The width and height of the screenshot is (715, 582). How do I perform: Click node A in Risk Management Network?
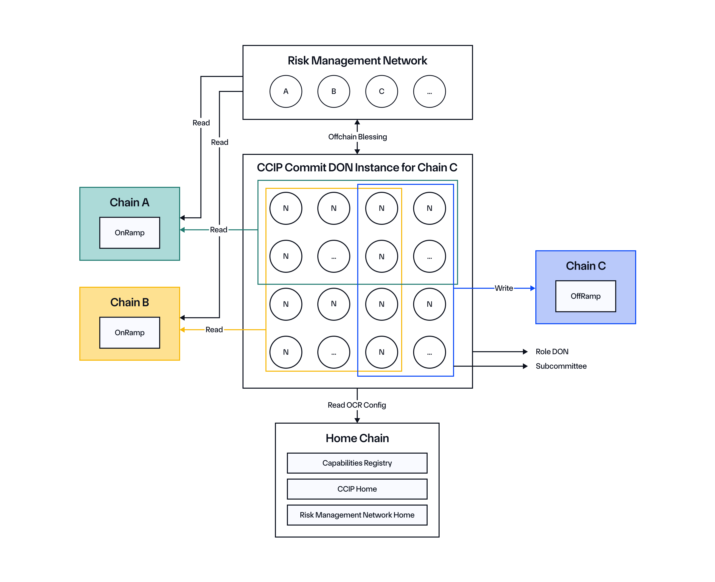pyautogui.click(x=286, y=91)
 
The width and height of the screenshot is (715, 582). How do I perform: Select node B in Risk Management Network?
pyautogui.click(x=334, y=91)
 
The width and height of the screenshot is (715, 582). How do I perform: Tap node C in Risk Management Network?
pyautogui.click(x=381, y=91)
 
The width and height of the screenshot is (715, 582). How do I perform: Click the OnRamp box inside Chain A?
pyautogui.click(x=130, y=233)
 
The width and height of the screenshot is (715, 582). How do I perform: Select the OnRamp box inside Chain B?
pyautogui.click(x=130, y=332)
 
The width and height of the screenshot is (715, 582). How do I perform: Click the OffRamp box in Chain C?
pyautogui.click(x=585, y=296)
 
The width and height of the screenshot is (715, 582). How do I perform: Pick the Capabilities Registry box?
pyautogui.click(x=357, y=463)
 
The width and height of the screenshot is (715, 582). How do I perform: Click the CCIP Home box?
pyautogui.click(x=357, y=489)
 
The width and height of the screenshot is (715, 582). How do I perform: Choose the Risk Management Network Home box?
pyautogui.click(x=357, y=515)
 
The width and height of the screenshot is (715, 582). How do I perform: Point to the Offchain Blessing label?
pyautogui.click(x=357, y=137)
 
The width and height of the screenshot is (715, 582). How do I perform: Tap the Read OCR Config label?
pyautogui.click(x=357, y=405)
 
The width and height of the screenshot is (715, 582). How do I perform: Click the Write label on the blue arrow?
pyautogui.click(x=504, y=288)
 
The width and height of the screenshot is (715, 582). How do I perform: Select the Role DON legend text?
pyautogui.click(x=552, y=352)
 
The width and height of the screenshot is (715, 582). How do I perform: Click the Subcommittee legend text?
pyautogui.click(x=561, y=366)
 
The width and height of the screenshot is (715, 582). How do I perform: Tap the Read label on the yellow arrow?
pyautogui.click(x=214, y=329)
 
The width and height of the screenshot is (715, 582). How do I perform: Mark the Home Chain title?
pyautogui.click(x=357, y=438)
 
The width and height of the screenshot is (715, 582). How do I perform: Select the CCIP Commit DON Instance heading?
pyautogui.click(x=357, y=167)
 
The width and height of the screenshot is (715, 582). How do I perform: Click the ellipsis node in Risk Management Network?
pyautogui.click(x=429, y=91)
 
